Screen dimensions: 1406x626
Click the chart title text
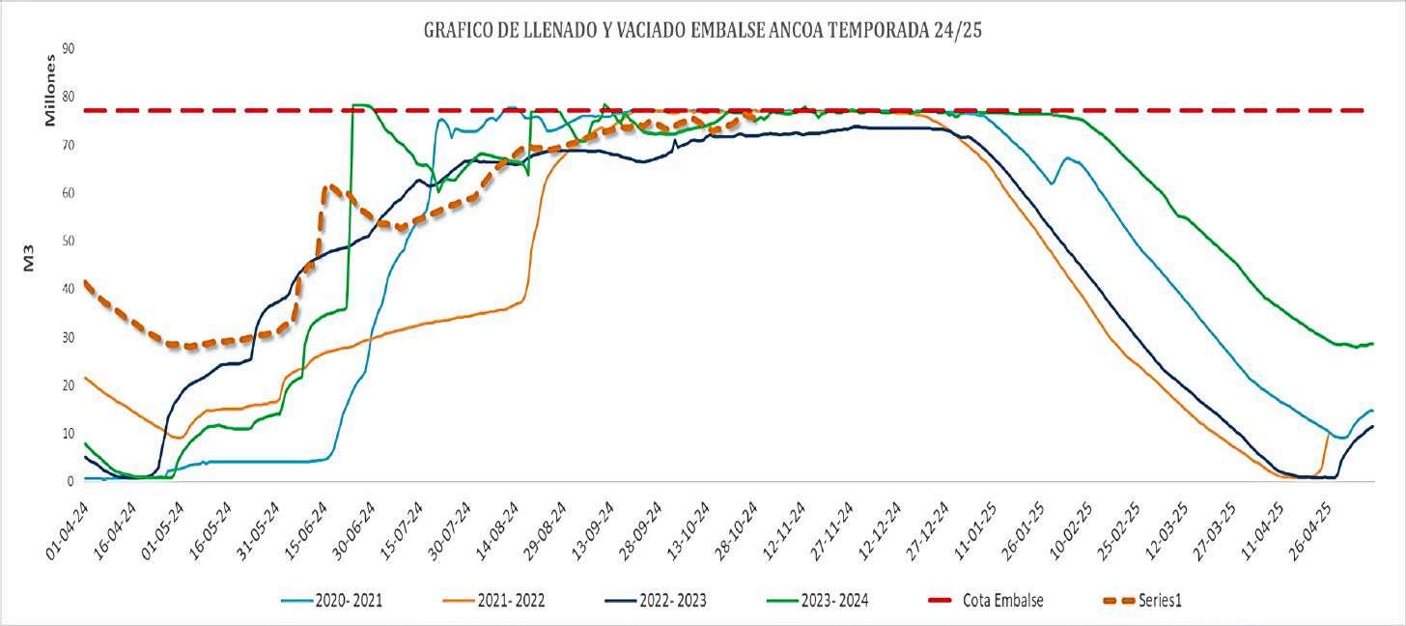pos(702,30)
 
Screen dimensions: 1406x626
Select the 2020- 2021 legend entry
pos(331,600)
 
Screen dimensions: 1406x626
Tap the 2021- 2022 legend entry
pos(494,600)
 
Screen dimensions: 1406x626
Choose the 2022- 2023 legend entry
pos(656,600)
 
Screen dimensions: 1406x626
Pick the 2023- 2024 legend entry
pos(818,600)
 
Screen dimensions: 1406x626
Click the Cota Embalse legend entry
pos(985,600)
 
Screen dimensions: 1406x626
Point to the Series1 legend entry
pos(1142,600)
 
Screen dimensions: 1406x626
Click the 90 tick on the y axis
pos(68,48)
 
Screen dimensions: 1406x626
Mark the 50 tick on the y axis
pos(68,242)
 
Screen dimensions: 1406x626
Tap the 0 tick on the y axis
pos(70,482)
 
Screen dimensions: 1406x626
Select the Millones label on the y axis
pos(49,91)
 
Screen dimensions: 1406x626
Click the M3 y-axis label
pos(29,258)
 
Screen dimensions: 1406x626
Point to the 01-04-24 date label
pos(68,530)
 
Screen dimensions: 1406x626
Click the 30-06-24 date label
pos(354,530)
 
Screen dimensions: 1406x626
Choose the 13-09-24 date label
pos(593,530)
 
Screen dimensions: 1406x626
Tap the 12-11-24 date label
pos(784,530)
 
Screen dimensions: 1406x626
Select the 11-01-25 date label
pos(976,530)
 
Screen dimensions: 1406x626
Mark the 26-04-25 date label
pos(1310,530)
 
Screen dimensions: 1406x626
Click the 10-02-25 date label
pos(1072,530)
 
